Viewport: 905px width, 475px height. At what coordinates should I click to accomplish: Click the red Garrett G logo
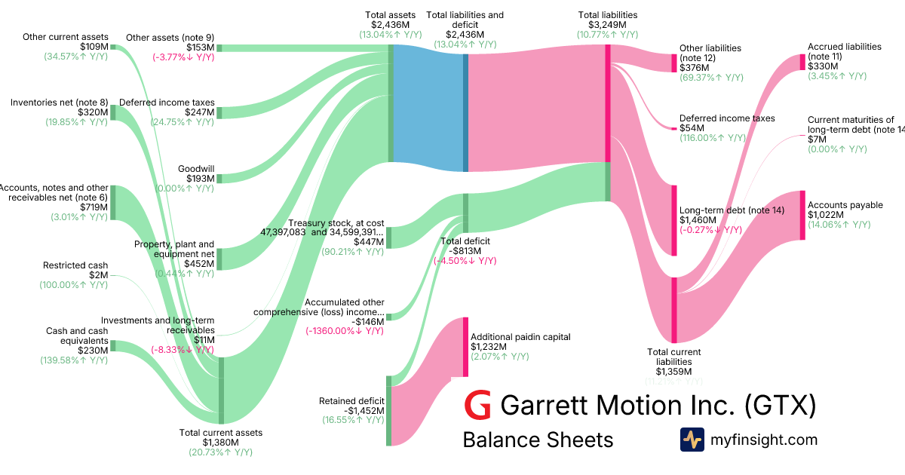point(477,406)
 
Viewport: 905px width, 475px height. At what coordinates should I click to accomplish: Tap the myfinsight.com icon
point(692,440)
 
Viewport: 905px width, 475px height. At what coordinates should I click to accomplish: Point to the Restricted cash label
point(75,265)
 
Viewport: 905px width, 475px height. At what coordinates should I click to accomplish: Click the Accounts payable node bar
point(802,215)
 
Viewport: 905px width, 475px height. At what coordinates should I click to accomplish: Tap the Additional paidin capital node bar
point(465,347)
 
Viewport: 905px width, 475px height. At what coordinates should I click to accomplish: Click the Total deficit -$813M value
point(465,251)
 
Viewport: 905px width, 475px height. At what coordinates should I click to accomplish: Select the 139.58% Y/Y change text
point(74,360)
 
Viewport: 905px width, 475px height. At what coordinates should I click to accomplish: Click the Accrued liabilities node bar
point(802,62)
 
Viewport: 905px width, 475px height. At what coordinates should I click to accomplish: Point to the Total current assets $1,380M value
point(221,442)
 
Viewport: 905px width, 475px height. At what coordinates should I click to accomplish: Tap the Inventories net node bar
point(113,112)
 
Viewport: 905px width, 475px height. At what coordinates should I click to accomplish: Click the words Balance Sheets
point(538,440)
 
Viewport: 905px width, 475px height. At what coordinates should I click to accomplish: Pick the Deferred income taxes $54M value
point(692,128)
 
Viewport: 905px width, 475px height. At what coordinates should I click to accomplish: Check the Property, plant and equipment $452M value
point(200,264)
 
